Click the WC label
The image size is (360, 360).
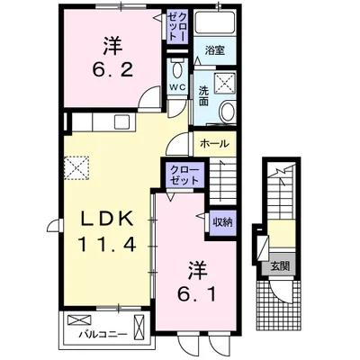tap(176, 86)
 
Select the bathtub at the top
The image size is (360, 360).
tap(214, 26)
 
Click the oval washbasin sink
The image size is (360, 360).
tap(227, 112)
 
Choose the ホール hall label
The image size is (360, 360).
tap(213, 143)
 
